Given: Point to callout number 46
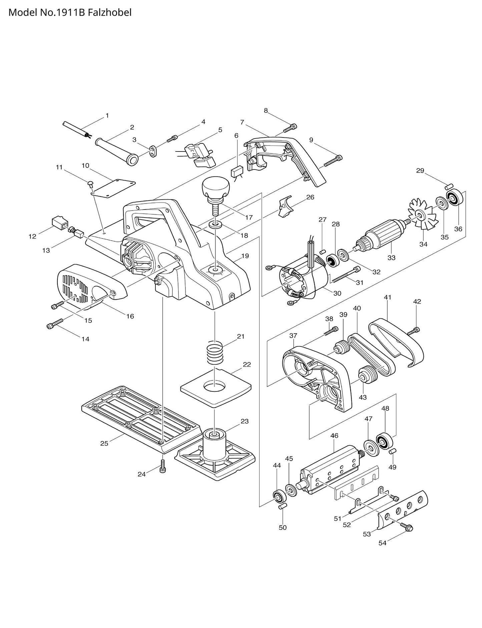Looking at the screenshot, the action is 334,435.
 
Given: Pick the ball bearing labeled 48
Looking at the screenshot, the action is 385,441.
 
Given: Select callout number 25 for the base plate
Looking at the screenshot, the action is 104,443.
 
